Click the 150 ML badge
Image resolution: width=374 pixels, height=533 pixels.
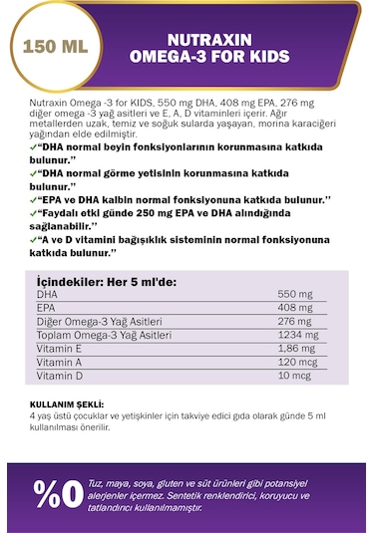pos(51,47)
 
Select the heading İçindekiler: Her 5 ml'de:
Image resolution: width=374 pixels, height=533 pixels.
pos(107,282)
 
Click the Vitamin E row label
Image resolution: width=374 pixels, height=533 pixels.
pos(59,350)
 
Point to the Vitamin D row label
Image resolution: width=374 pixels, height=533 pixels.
pos(59,377)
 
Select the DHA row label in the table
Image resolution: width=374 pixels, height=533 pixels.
pos(47,296)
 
